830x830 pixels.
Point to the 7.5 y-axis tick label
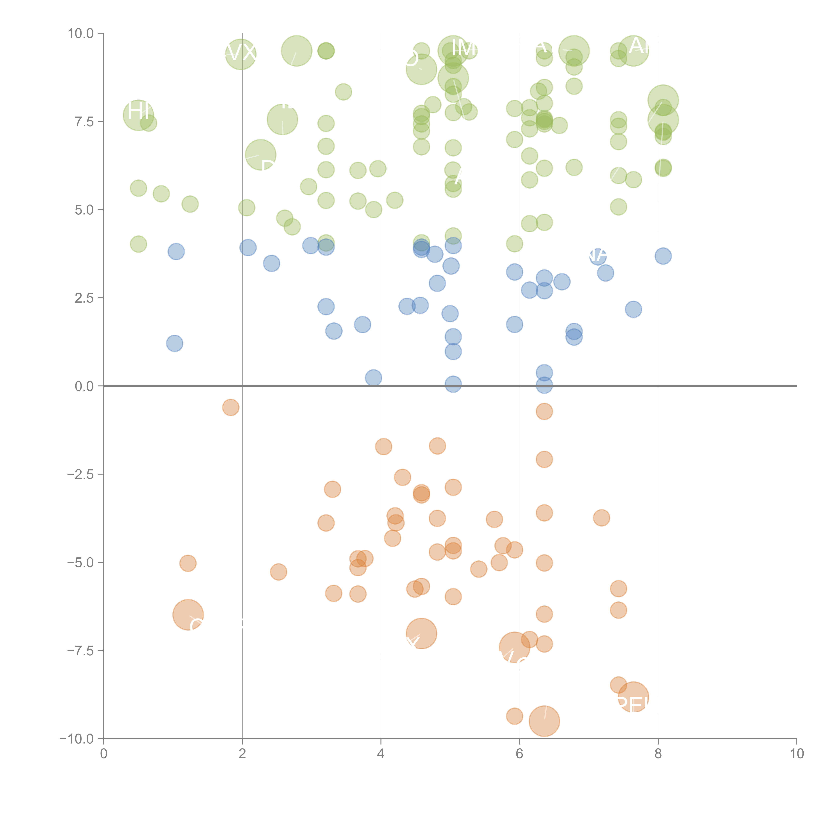pos(84,122)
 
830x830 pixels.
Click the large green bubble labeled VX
pos(241,54)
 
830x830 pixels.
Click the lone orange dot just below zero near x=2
pos(231,407)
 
